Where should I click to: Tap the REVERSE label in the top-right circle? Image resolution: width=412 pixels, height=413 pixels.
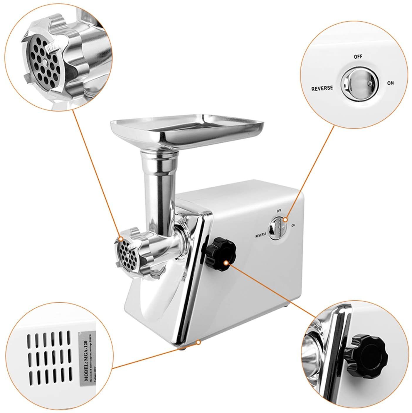tap(322, 88)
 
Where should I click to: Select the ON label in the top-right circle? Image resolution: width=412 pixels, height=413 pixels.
tap(390, 83)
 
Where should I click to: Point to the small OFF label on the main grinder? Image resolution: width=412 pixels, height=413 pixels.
tap(279, 210)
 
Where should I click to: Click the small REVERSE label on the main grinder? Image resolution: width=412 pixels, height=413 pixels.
tap(261, 235)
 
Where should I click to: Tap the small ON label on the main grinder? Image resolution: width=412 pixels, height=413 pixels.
tap(293, 225)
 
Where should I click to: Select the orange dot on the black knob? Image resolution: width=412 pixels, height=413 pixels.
tap(226, 263)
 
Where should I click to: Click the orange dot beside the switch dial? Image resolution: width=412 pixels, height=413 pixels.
tap(286, 219)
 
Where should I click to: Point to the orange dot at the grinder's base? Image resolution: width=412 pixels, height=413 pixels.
tap(199, 342)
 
